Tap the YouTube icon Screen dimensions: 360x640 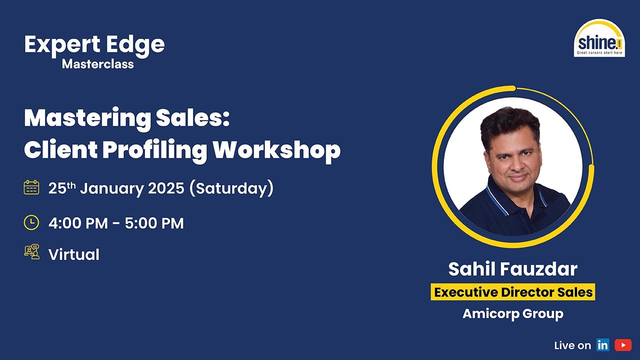point(623,345)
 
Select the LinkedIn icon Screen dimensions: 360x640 point(602,345)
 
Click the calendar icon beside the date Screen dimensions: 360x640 point(31,187)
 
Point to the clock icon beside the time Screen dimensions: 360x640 point(31,222)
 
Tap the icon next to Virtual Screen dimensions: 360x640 point(31,252)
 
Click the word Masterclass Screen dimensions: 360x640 point(98,64)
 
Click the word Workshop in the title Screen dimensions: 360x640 point(277,149)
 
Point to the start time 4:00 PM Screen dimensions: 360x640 point(78,223)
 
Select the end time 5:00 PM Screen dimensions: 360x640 point(154,223)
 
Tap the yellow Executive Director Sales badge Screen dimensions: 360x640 point(513,292)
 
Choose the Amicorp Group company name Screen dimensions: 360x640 point(513,313)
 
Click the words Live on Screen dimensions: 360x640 point(572,345)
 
